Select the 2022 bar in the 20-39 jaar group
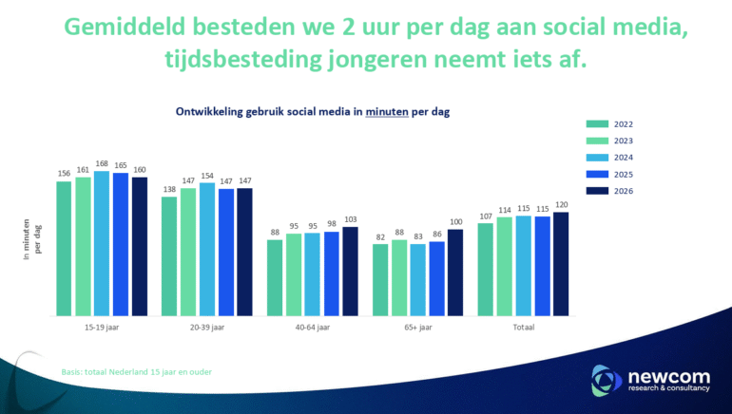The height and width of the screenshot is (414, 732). pyautogui.click(x=169, y=256)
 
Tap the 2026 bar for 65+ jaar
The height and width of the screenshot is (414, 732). pyautogui.click(x=455, y=273)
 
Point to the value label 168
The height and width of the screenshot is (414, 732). pyautogui.click(x=102, y=164)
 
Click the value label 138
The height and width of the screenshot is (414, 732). pyautogui.click(x=169, y=190)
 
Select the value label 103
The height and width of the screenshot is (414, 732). pyautogui.click(x=350, y=219)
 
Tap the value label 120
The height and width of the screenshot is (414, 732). pyautogui.click(x=561, y=204)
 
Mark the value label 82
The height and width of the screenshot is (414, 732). pyautogui.click(x=380, y=237)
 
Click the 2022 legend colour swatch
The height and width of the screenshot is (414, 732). pyautogui.click(x=597, y=123)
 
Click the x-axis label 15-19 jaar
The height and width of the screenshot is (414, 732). pyautogui.click(x=102, y=328)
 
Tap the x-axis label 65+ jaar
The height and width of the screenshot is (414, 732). pyautogui.click(x=417, y=328)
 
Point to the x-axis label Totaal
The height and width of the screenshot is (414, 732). pyautogui.click(x=523, y=328)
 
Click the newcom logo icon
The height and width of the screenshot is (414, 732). pyautogui.click(x=606, y=380)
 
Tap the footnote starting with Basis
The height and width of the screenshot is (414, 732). pyautogui.click(x=136, y=371)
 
